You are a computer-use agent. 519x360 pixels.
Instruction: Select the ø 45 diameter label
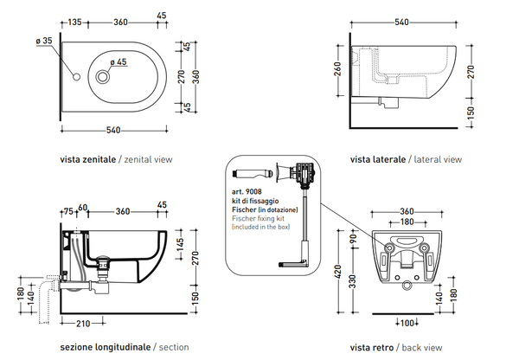(119, 61)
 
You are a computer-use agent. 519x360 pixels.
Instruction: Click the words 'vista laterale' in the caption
(379, 159)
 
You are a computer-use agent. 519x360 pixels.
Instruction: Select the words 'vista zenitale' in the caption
(86, 159)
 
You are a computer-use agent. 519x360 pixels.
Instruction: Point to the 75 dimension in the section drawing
(68, 210)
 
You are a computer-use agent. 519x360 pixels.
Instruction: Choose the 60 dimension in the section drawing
(83, 208)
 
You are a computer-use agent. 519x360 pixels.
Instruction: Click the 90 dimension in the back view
(353, 237)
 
